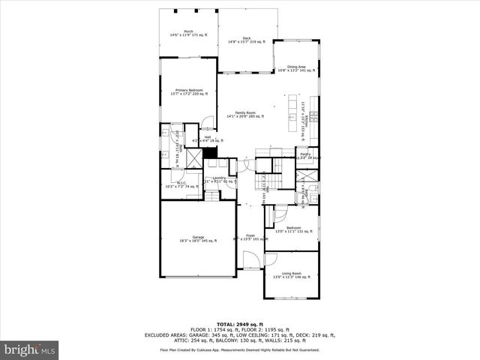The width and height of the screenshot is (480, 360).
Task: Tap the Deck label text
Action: pyautogui.click(x=246, y=40)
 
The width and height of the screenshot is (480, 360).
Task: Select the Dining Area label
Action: pyautogui.click(x=296, y=69)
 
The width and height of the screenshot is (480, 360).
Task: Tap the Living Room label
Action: pyautogui.click(x=292, y=275)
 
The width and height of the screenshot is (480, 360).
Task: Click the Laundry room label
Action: pyautogui.click(x=220, y=179)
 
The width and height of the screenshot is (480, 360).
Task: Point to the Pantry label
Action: pyautogui.click(x=306, y=156)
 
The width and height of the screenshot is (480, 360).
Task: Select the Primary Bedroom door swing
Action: pyautogui.click(x=208, y=123)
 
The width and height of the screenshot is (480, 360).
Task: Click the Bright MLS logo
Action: pyautogui.click(x=30, y=349)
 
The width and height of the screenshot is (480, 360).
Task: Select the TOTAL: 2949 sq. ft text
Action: pyautogui.click(x=240, y=323)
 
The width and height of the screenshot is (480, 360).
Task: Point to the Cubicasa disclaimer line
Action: pyautogui.click(x=240, y=349)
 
